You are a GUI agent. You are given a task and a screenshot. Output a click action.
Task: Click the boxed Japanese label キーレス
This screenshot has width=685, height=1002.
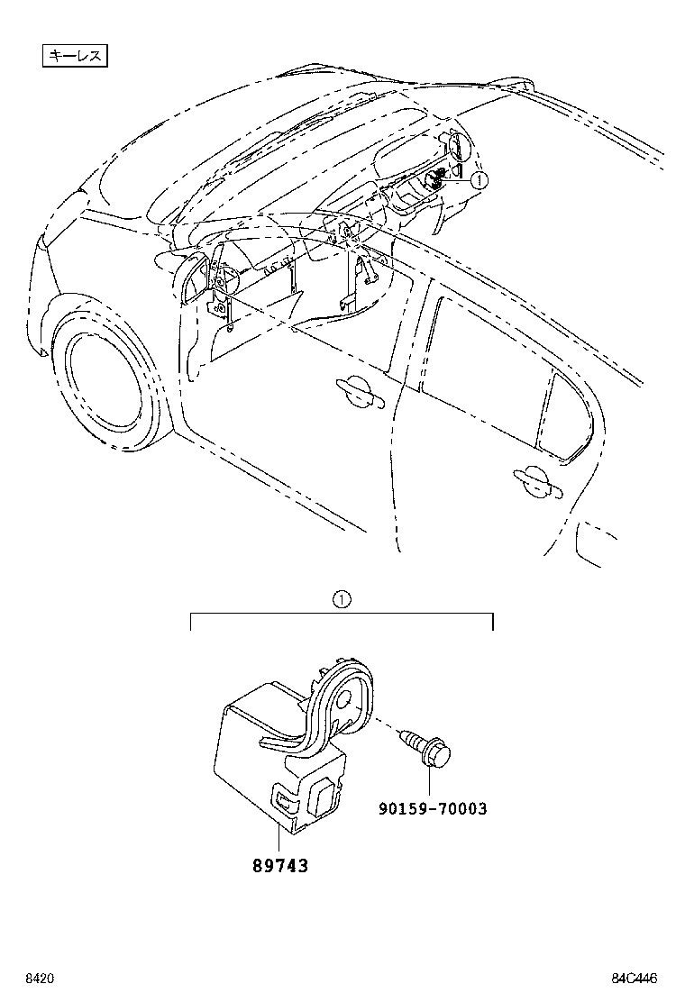(x=76, y=56)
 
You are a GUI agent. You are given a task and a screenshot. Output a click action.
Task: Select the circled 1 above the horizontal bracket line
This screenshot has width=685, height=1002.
(x=341, y=597)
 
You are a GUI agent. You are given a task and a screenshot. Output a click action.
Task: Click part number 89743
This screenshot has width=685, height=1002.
(x=279, y=866)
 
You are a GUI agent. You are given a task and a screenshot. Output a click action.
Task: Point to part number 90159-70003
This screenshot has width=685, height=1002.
(x=432, y=809)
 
